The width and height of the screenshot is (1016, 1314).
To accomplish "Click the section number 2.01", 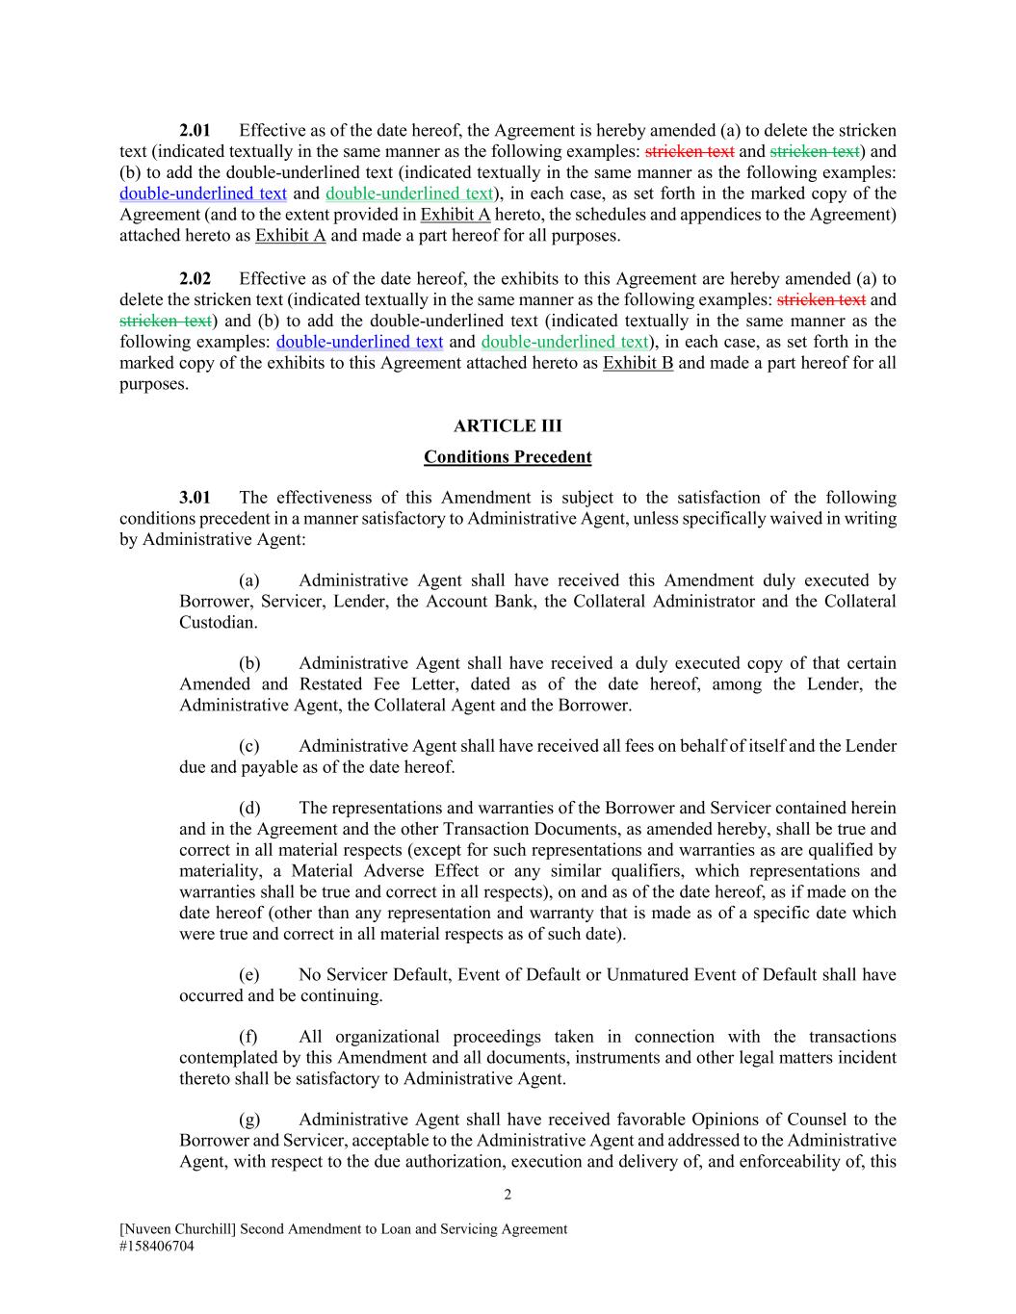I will pyautogui.click(x=195, y=130).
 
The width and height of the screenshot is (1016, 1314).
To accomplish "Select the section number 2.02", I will pyautogui.click(x=195, y=279).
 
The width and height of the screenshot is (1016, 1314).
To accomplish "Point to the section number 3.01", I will pyautogui.click(x=195, y=498).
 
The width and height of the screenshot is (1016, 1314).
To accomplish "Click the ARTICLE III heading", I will pyautogui.click(x=508, y=426).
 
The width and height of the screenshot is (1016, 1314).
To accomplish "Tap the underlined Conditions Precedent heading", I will pyautogui.click(x=508, y=457).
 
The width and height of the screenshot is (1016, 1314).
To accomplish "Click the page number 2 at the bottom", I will pyautogui.click(x=508, y=1196).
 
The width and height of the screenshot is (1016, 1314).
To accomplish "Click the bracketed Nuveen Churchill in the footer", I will pyautogui.click(x=177, y=1229).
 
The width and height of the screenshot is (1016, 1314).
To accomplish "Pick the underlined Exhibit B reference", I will pyautogui.click(x=638, y=363).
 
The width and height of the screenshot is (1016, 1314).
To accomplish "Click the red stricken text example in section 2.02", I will pyautogui.click(x=821, y=300).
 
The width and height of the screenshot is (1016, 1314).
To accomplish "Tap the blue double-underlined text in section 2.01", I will pyautogui.click(x=203, y=193).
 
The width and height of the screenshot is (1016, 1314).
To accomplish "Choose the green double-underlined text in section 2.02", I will pyautogui.click(x=564, y=342).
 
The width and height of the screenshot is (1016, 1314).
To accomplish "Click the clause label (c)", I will pyautogui.click(x=249, y=746).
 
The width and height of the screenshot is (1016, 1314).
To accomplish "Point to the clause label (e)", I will pyautogui.click(x=249, y=975).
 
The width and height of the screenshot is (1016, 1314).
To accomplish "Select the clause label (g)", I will pyautogui.click(x=249, y=1120).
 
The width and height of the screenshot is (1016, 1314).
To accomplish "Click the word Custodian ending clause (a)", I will pyautogui.click(x=218, y=623).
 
